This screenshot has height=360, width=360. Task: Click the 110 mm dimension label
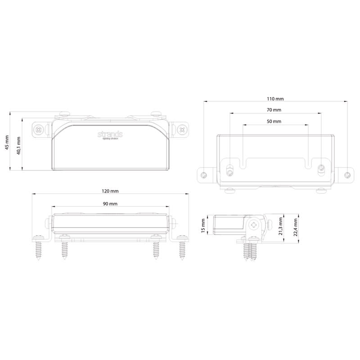tap(275, 99)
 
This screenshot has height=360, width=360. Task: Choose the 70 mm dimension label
tap(274, 110)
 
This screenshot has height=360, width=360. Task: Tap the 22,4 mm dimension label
tap(295, 227)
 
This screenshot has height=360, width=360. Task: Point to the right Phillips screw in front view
tap(182, 130)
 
